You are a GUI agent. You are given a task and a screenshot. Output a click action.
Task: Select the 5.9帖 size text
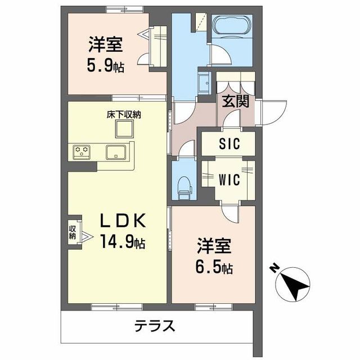point(106,66)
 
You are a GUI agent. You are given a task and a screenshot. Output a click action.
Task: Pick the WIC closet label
point(229,180)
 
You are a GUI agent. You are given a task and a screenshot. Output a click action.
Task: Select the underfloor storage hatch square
point(125,129)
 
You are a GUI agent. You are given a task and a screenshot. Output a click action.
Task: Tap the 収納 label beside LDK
point(73,232)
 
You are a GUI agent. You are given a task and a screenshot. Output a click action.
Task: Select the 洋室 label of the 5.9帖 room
point(105,43)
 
